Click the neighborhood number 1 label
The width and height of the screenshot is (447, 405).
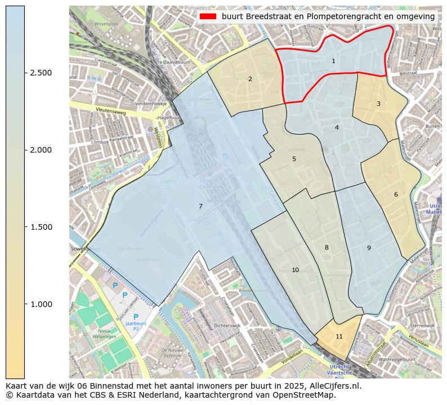[333, 61]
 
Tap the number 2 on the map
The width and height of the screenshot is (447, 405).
[250, 79]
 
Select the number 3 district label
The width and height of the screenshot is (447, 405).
[378, 104]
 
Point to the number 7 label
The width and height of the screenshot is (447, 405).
[200, 206]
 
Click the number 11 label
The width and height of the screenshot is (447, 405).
[339, 336]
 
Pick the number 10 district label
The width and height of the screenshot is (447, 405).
[295, 270]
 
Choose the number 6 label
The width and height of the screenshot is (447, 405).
[396, 194]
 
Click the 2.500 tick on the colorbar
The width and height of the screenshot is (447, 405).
[41, 73]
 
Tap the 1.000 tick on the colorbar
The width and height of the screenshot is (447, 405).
[41, 304]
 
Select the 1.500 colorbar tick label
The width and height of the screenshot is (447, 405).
[41, 227]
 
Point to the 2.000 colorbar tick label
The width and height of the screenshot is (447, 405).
[41, 150]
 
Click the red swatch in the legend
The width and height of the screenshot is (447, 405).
[208, 16]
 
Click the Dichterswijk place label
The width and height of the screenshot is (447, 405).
[227, 325]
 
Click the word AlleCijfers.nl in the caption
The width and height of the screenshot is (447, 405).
[333, 386]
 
